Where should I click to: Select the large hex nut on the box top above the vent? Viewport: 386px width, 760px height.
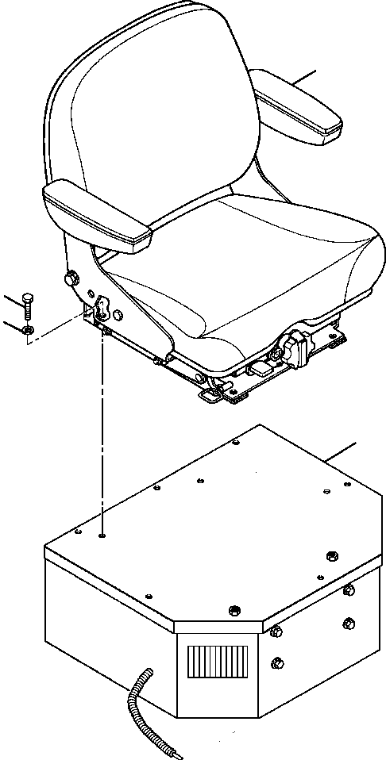pyautogui.click(x=234, y=609)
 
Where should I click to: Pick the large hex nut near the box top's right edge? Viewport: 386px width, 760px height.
pyautogui.click(x=332, y=555)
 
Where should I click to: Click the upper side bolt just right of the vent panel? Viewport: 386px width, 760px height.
pyautogui.click(x=276, y=631)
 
